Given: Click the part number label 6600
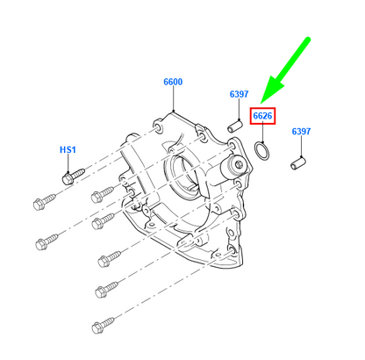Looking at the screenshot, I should point(173,82).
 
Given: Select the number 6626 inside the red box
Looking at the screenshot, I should point(262,115).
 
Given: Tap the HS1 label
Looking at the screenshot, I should point(68,150).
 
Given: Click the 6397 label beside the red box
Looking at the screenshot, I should point(240,95).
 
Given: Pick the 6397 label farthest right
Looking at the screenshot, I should point(301,132).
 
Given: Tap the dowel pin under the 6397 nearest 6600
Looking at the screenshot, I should point(235,126).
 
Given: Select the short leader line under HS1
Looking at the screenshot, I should point(68,162).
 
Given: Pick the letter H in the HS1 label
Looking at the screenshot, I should point(63,150).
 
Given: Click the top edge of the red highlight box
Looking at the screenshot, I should point(262,106).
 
